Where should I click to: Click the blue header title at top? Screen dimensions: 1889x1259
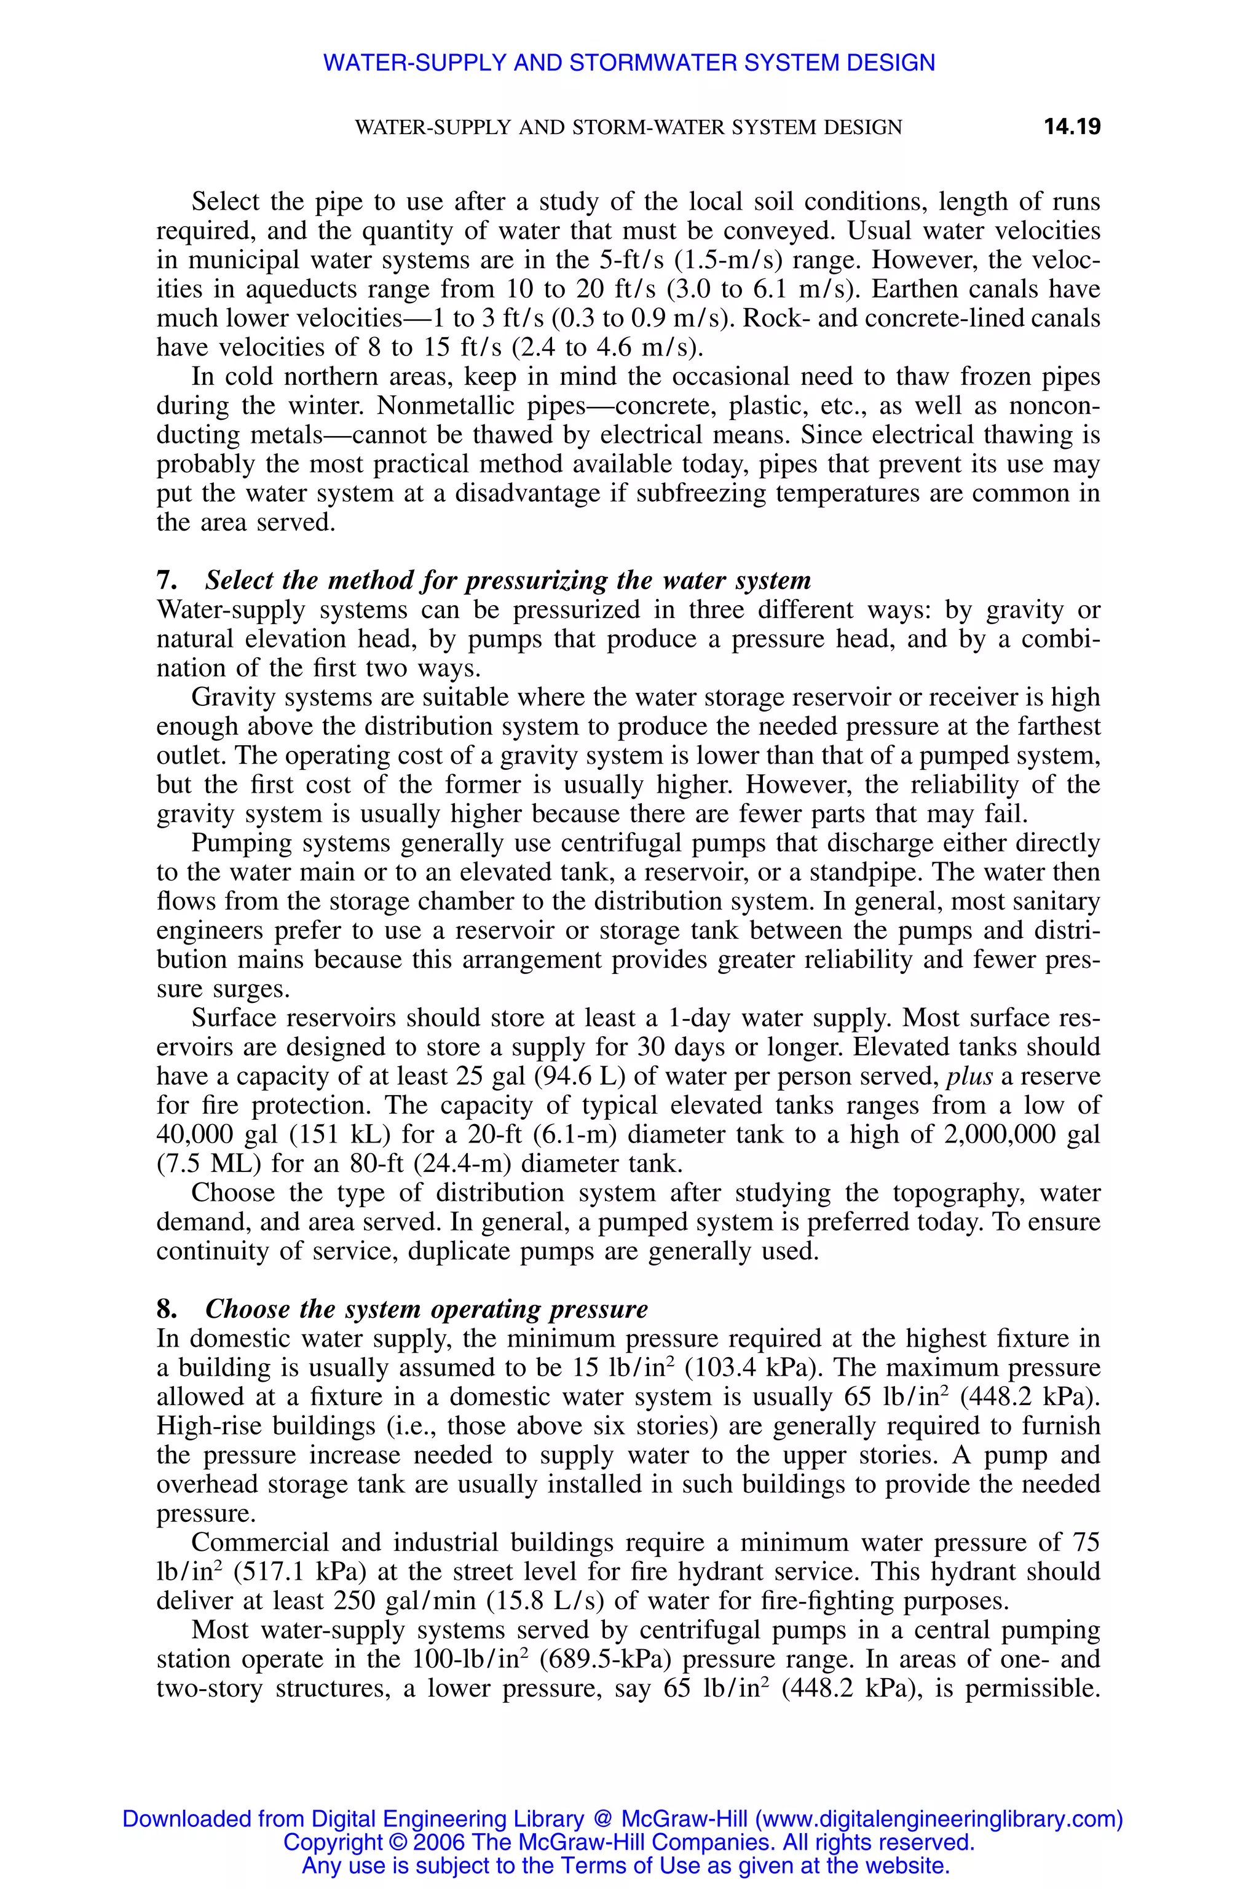629,63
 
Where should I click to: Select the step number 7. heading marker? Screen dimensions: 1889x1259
166,580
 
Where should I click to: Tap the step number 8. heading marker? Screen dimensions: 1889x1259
166,1309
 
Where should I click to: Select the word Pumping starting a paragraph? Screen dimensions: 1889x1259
236,842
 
